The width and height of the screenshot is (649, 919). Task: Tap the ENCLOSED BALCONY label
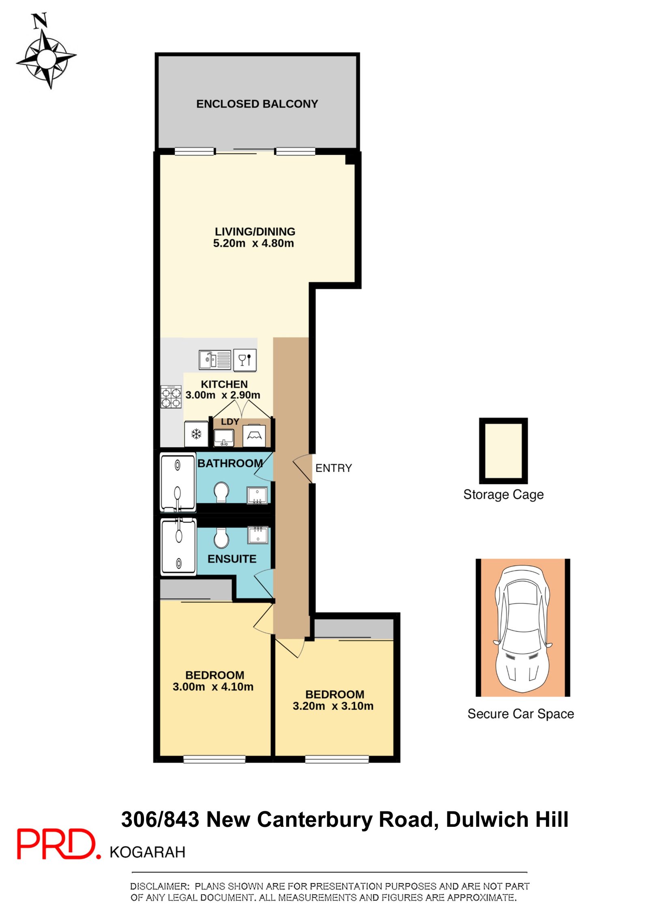point(257,104)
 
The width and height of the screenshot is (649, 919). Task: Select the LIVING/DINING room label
point(255,231)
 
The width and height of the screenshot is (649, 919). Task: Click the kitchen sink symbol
point(215,359)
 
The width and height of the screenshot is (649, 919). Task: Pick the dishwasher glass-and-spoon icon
point(245,360)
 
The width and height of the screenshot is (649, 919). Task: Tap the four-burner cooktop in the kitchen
point(171,397)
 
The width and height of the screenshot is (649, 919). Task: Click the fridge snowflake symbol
point(196,435)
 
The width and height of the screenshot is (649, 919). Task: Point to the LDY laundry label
point(230,422)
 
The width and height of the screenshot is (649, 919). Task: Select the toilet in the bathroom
point(221,492)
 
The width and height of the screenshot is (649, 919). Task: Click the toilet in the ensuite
point(221,538)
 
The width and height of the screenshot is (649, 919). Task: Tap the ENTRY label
point(333,468)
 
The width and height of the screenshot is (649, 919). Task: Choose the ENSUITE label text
point(232,559)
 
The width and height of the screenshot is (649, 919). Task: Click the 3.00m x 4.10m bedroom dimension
point(213,687)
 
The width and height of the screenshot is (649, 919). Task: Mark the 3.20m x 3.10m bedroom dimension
point(333,706)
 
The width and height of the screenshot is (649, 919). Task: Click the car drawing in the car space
point(522,628)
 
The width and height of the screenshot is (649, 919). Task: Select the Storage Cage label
point(503,495)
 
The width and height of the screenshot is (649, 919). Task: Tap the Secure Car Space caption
point(520,714)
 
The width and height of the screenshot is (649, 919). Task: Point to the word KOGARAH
point(147,852)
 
